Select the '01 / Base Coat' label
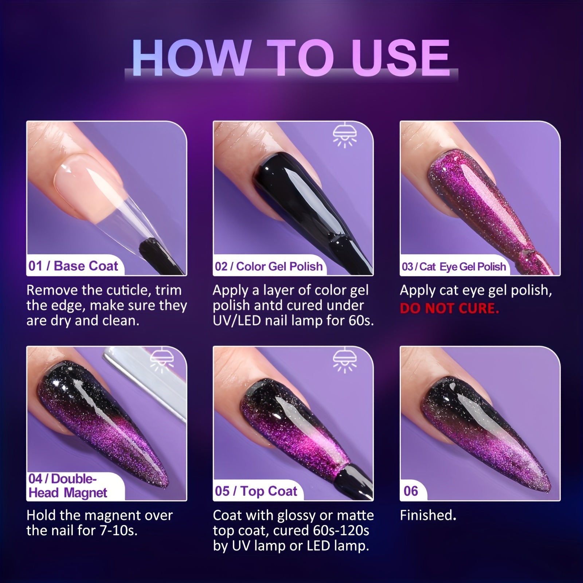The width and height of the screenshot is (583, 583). point(73,266)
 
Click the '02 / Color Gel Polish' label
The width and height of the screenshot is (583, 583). point(269,266)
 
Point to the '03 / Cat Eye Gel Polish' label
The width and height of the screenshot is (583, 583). point(454,267)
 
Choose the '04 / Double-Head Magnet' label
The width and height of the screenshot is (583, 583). point(68,486)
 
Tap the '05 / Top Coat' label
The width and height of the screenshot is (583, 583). point(256,491)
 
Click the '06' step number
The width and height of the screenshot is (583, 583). point(411,491)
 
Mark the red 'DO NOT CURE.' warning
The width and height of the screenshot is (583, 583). point(449,309)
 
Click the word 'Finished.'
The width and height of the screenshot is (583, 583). point(428,515)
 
